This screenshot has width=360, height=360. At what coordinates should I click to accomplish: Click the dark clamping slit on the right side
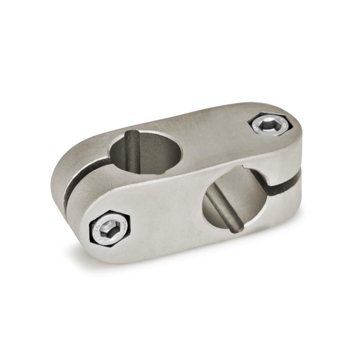pos(287,178)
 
